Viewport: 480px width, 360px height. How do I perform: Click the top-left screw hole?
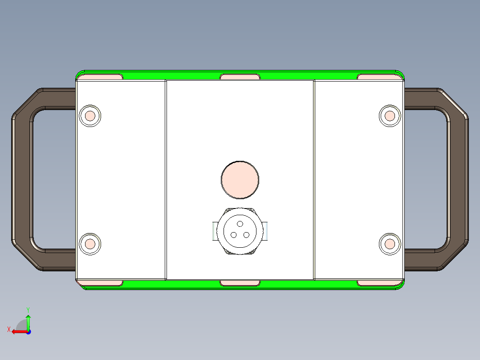coord(90,116)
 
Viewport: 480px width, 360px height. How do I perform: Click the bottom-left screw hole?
coord(90,244)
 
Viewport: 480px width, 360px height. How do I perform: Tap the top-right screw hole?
coord(390,116)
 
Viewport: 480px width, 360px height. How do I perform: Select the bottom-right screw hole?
coord(390,244)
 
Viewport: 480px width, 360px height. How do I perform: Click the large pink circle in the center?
coord(240,180)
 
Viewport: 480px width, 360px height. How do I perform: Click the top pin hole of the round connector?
coord(240,224)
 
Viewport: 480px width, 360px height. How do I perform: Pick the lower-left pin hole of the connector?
coord(233,235)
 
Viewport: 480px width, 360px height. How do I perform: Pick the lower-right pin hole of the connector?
coord(247,235)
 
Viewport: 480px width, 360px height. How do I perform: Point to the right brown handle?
coord(459,178)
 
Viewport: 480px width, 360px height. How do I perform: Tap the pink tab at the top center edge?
coord(240,77)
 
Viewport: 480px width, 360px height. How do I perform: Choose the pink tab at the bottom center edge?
coord(240,283)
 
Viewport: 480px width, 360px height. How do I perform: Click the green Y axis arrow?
coord(28,320)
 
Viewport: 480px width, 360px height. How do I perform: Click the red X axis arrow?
coord(17,331)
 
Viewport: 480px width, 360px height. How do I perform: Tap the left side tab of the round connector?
coord(213,232)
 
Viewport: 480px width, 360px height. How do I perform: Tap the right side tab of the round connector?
coord(267,232)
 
